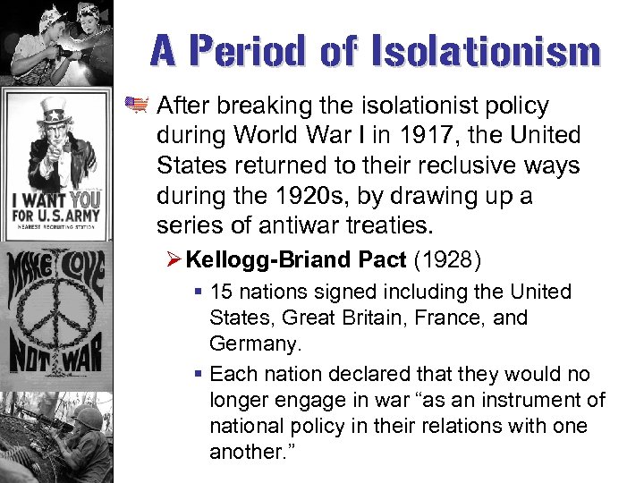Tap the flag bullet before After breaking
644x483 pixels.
tap(137, 106)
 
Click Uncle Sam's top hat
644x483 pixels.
tap(55, 111)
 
